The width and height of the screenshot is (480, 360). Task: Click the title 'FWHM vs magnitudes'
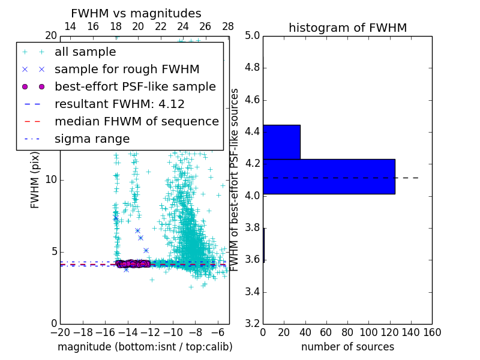pyautogui.click(x=136, y=13)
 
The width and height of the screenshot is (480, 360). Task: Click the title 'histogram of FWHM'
pyautogui.click(x=347, y=28)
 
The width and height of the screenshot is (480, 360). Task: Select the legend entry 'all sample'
pyautogui.click(x=85, y=52)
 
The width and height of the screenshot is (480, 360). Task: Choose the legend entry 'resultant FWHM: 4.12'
pyautogui.click(x=119, y=104)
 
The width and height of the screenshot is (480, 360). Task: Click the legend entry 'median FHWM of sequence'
pyautogui.click(x=136, y=121)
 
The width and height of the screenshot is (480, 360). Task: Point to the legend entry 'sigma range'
pyautogui.click(x=92, y=139)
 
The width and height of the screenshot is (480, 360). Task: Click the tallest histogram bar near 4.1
pyautogui.click(x=329, y=176)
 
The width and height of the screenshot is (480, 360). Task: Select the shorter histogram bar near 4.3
pyautogui.click(x=281, y=142)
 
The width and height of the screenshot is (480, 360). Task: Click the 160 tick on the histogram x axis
pyautogui.click(x=432, y=332)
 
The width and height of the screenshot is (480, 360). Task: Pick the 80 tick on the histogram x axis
pyautogui.click(x=347, y=332)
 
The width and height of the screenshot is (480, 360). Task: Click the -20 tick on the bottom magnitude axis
pyautogui.click(x=60, y=332)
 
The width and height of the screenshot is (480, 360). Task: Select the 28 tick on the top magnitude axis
pyautogui.click(x=228, y=26)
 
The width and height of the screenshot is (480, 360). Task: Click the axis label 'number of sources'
pyautogui.click(x=347, y=347)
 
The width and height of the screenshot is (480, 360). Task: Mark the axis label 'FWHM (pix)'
pyautogui.click(x=35, y=179)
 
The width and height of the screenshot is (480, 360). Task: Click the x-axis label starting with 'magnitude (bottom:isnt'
pyautogui.click(x=145, y=347)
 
